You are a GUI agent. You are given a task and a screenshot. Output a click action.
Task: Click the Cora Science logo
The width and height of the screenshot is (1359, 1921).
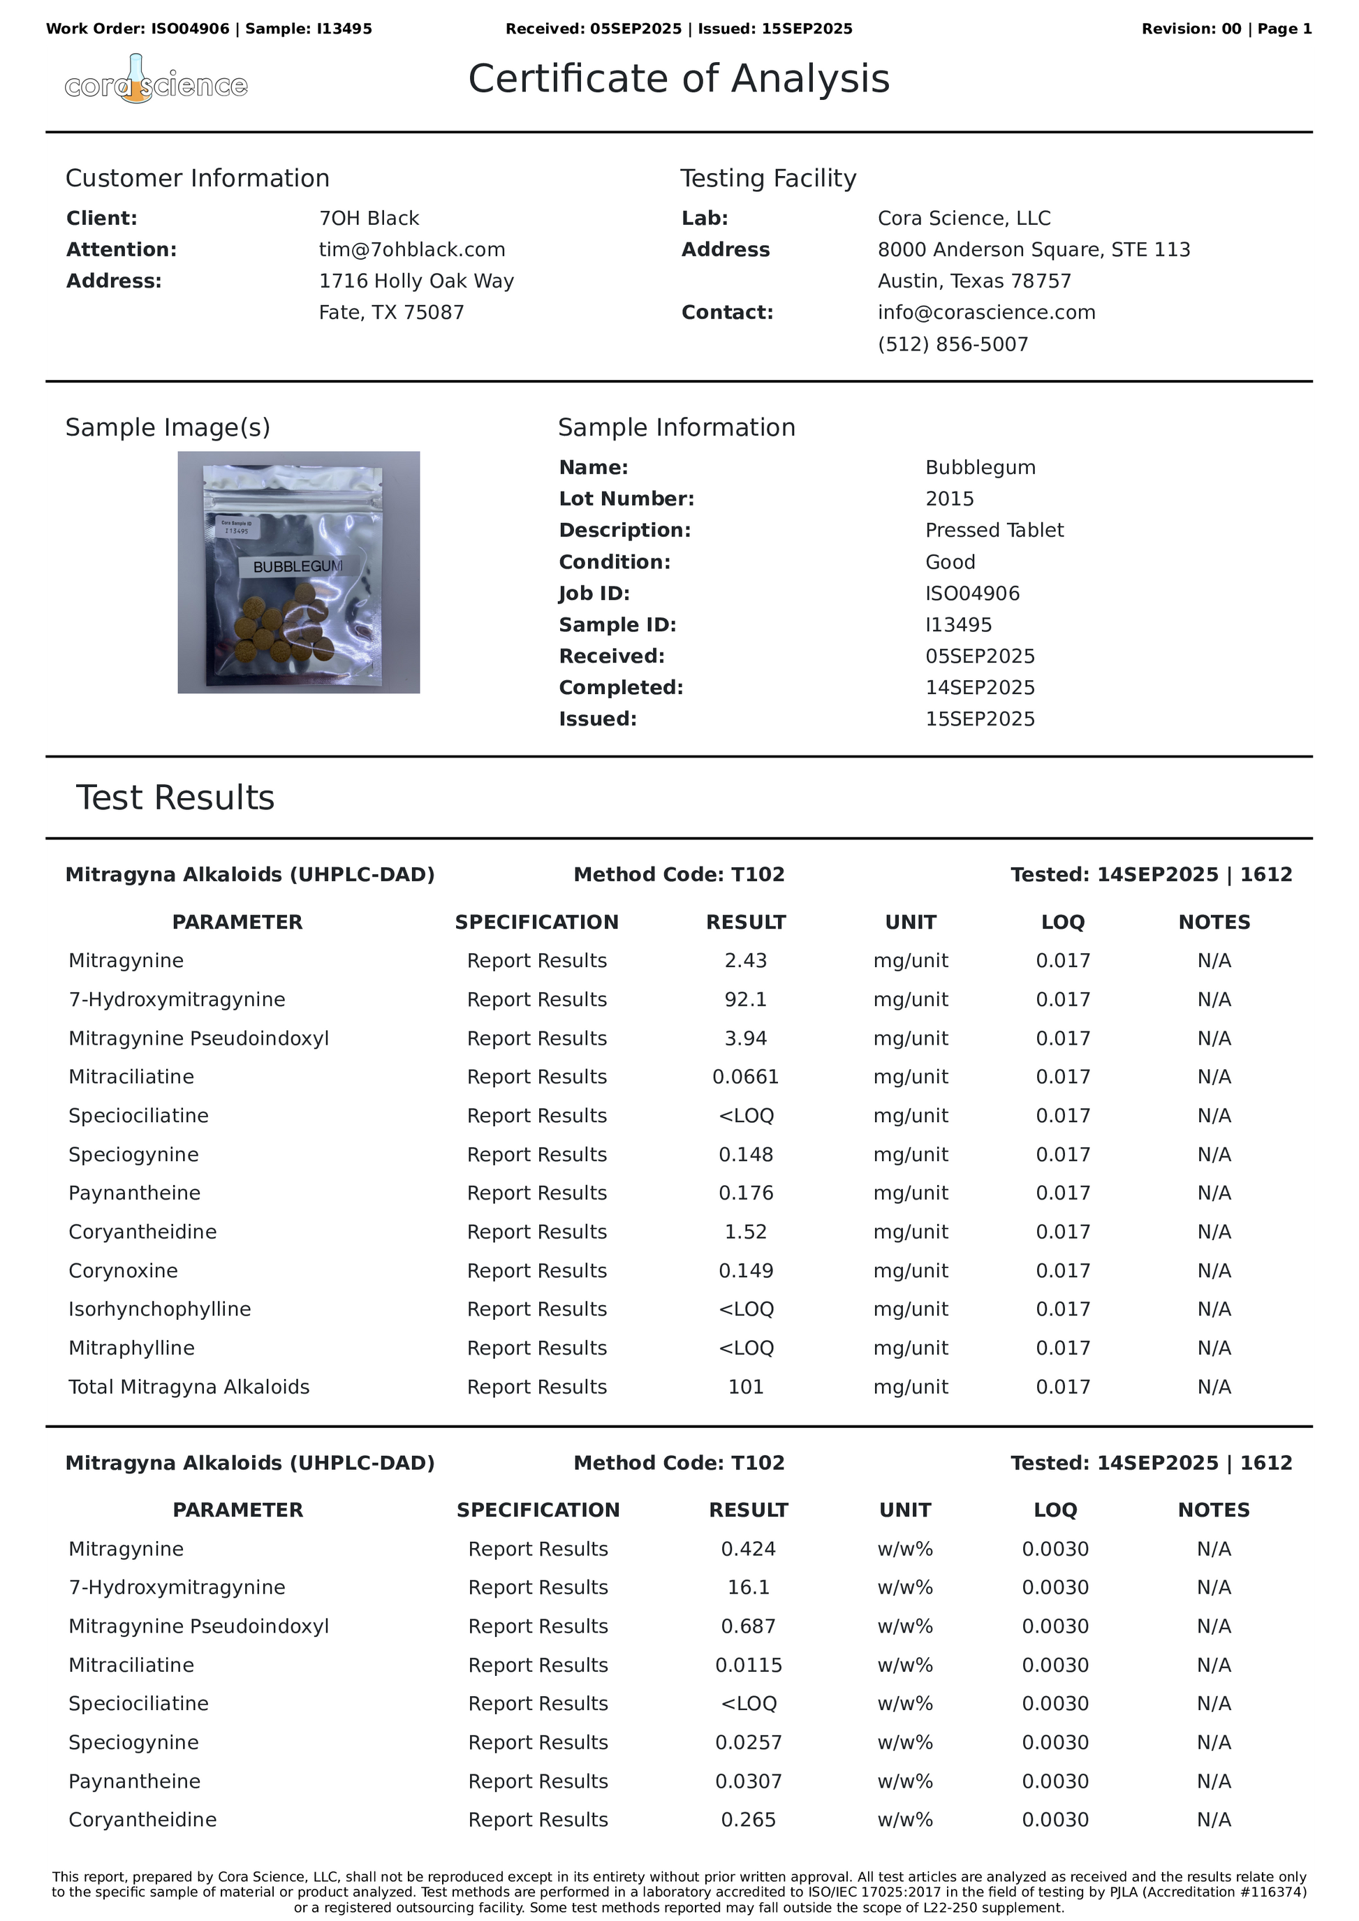pyautogui.click(x=156, y=81)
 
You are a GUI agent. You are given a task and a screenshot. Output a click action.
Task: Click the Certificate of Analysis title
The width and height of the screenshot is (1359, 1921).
pyautogui.click(x=679, y=79)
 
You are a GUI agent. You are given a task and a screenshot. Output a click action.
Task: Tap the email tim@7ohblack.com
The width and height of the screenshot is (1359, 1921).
pyautogui.click(x=412, y=249)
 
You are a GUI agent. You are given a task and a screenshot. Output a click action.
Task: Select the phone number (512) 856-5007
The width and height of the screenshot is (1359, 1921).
pyautogui.click(x=953, y=344)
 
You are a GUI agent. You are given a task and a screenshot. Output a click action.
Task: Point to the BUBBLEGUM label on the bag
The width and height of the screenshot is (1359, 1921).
pyautogui.click(x=298, y=566)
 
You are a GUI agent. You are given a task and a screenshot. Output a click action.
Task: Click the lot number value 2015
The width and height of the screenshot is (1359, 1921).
pyautogui.click(x=949, y=499)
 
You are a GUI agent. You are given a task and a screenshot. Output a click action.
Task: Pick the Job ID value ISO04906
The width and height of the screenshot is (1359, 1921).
pyautogui.click(x=971, y=594)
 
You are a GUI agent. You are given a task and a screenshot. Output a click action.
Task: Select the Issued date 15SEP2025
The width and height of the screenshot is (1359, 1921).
pyautogui.click(x=979, y=719)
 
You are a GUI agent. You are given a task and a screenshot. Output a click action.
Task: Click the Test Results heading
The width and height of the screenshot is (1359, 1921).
pyautogui.click(x=175, y=797)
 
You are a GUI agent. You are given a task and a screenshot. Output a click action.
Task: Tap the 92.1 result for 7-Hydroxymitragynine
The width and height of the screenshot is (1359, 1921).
pyautogui.click(x=746, y=999)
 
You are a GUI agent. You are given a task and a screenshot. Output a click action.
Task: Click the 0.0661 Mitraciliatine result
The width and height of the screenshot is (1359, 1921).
pyautogui.click(x=746, y=1077)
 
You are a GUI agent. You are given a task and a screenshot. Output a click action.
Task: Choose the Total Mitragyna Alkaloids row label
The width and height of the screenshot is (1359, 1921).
pyautogui.click(x=189, y=1386)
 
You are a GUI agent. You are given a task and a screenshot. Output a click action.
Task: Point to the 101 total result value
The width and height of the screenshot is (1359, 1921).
pyautogui.click(x=746, y=1386)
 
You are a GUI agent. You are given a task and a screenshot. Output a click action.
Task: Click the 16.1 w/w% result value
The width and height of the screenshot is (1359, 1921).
pyautogui.click(x=748, y=1587)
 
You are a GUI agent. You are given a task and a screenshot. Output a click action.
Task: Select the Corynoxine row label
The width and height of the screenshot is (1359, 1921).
pyautogui.click(x=123, y=1270)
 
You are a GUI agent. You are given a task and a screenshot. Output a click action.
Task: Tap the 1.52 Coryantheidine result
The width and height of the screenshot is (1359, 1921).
pyautogui.click(x=746, y=1232)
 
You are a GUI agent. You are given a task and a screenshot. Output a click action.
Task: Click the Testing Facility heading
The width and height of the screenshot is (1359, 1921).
pyautogui.click(x=767, y=178)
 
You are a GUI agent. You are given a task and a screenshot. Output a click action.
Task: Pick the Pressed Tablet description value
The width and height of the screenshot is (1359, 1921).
pyautogui.click(x=994, y=529)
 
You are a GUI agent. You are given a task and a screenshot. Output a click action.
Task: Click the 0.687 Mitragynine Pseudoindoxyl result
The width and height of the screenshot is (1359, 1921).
pyautogui.click(x=748, y=1626)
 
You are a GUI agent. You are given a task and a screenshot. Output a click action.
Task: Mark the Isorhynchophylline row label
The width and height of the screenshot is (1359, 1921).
pyautogui.click(x=160, y=1309)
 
